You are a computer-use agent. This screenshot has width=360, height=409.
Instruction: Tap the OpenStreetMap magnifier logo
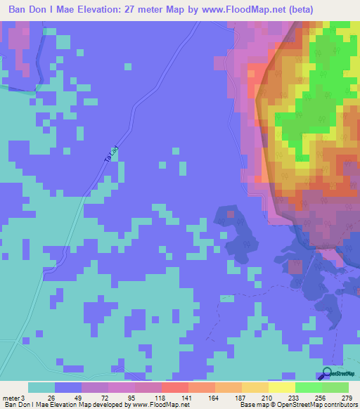[x=328, y=375]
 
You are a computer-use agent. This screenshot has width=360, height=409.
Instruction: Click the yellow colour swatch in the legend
[x=281, y=387]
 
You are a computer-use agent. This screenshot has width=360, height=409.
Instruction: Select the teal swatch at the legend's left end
[x=41, y=387]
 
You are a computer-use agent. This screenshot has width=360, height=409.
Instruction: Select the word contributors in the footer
[x=340, y=404]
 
